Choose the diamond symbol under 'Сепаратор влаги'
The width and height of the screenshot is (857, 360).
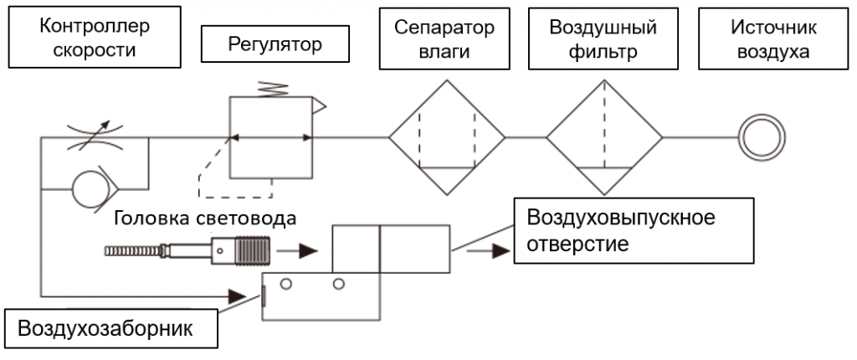446,136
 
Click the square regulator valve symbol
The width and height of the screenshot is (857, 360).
271,136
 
